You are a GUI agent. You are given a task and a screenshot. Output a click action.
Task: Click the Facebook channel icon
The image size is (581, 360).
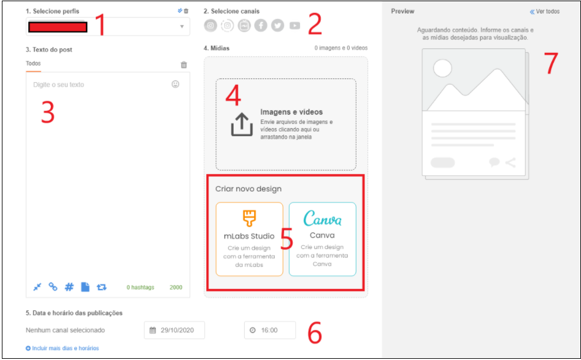click(x=261, y=26)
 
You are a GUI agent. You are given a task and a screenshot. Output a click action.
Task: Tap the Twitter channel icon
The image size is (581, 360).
click(x=277, y=26)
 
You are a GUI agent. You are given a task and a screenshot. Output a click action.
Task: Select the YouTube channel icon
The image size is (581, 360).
click(x=294, y=26)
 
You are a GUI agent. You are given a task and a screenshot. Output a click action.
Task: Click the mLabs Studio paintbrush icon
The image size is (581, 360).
click(x=249, y=218)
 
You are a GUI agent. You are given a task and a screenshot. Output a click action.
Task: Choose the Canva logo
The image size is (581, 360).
click(x=322, y=218)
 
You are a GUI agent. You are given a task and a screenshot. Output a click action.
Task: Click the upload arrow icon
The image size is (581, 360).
click(x=242, y=124)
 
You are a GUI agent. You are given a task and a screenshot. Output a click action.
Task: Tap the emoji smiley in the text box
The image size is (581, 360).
click(x=175, y=84)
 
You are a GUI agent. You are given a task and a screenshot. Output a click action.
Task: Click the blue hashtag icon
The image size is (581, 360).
click(x=69, y=286)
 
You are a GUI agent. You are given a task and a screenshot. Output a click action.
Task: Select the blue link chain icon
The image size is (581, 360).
click(x=53, y=286)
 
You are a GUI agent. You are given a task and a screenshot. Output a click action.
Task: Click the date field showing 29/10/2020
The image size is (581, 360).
click(x=174, y=330)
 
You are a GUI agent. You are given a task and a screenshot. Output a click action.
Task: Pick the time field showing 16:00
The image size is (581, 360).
click(x=270, y=330)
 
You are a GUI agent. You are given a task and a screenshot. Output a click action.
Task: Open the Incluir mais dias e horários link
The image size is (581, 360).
click(x=62, y=348)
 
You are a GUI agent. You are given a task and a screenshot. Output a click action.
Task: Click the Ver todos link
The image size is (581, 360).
click(x=545, y=12)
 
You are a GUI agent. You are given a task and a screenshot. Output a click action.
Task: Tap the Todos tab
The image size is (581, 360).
click(x=33, y=63)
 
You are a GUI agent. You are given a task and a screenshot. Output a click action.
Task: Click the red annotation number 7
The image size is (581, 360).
click(x=551, y=63)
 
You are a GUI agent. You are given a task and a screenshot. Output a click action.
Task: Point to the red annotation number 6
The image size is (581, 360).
click(x=315, y=332)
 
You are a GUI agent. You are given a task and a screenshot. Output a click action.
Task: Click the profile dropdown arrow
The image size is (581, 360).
click(x=182, y=26)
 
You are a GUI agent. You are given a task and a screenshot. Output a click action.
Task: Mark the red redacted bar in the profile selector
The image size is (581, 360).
click(x=58, y=28)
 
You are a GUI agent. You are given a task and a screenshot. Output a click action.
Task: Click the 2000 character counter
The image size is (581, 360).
click(x=176, y=288)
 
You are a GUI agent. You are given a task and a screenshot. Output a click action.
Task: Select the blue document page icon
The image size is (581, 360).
click(x=85, y=286)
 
